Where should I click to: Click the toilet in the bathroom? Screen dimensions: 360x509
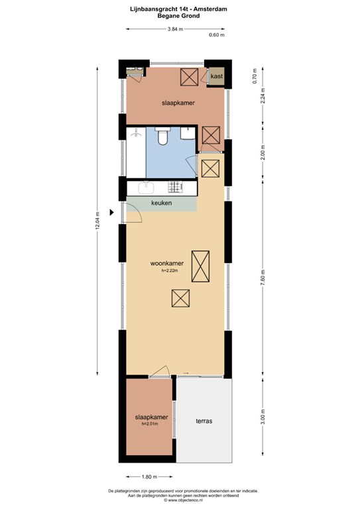[162, 136]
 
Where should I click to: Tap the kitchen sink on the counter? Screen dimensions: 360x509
[146, 188]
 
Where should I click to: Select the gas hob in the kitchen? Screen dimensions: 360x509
[176, 186]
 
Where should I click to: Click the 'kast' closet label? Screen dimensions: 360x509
[217, 76]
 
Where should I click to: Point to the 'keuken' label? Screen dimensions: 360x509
[161, 203]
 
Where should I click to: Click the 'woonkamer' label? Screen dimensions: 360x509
[167, 263]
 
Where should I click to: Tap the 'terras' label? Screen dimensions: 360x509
[204, 421]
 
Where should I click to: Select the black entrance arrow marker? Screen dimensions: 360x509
[111, 213]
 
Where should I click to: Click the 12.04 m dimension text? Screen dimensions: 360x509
[97, 221]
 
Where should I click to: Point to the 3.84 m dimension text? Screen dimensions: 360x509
[175, 29]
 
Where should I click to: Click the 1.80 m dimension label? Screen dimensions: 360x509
[149, 477]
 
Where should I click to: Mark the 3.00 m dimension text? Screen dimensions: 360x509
[263, 416]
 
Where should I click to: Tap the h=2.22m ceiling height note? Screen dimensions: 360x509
[170, 270]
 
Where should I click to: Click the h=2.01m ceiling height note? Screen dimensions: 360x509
[150, 424]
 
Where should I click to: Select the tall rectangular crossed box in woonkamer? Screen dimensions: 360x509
[200, 266]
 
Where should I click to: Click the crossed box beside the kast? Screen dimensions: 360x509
[189, 77]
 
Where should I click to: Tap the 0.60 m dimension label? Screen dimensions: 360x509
[217, 35]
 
